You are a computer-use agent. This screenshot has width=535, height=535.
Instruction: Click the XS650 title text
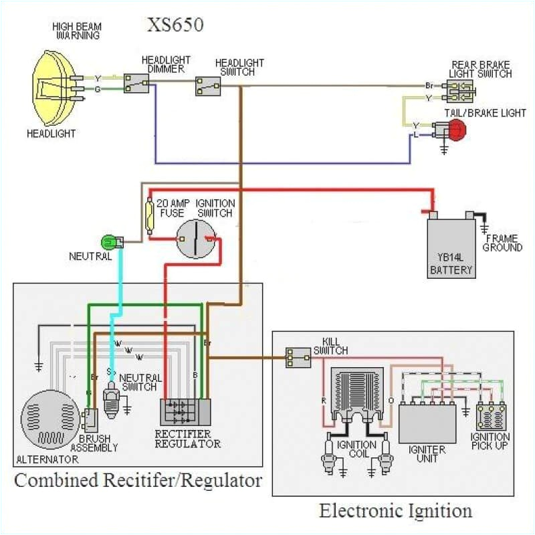[x=175, y=26]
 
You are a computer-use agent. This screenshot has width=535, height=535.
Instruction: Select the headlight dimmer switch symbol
[x=136, y=84]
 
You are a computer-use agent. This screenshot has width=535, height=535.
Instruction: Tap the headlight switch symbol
[x=208, y=86]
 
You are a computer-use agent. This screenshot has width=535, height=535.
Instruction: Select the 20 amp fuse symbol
[x=150, y=215]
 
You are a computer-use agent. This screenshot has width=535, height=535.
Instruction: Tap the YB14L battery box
[x=451, y=247]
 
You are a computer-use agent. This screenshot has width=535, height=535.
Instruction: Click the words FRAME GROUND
[x=503, y=243]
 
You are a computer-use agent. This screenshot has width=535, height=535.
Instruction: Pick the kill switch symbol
[x=298, y=358]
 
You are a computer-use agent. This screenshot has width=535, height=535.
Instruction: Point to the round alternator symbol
[x=49, y=421]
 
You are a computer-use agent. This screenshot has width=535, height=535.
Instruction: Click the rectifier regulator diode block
[x=184, y=413]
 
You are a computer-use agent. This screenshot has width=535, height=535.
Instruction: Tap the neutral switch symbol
[x=111, y=405]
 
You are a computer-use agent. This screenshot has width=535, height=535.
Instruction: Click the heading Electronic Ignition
[x=395, y=512]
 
